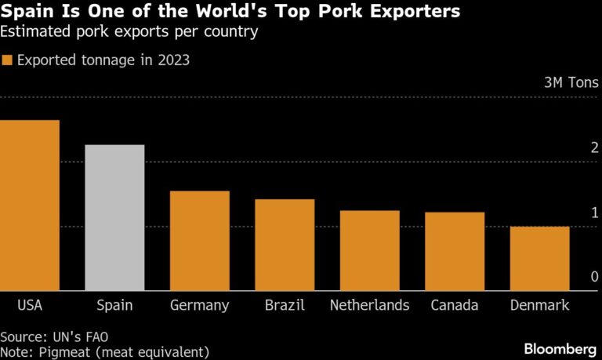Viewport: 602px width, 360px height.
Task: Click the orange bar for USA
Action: point(30,205)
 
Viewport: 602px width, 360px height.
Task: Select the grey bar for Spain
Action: point(114,218)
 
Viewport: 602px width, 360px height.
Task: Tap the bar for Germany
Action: point(199,241)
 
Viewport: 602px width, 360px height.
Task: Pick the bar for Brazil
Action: point(285,245)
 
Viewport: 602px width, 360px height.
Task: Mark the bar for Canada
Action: point(455,252)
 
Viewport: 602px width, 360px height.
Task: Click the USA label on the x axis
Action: point(30,305)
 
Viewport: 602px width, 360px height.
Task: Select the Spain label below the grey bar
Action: point(114,305)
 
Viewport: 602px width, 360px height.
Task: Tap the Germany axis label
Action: point(199,305)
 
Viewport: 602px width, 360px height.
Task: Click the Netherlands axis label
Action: point(369,305)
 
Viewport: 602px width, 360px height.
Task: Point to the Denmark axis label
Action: point(539,305)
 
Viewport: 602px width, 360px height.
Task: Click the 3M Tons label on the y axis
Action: point(571,82)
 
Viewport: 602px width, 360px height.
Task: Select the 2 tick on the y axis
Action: point(595,148)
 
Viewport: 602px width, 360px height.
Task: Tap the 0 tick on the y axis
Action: point(595,277)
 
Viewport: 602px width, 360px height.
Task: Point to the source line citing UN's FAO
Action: point(54,336)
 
